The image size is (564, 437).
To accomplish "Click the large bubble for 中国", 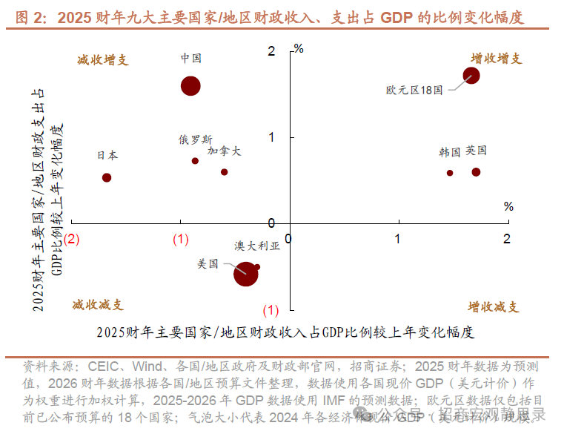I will pos(191,86).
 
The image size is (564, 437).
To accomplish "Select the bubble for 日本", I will pos(107,178).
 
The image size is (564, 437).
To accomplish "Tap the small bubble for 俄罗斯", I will pos(195,161).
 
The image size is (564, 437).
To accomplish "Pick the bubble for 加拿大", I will pos(224,172).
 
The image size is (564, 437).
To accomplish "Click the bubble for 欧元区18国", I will pos(471,76).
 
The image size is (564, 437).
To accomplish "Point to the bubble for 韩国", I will pos(450,173).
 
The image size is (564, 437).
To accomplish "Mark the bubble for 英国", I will pos(476,172).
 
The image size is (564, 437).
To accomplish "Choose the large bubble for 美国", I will pos(245,274).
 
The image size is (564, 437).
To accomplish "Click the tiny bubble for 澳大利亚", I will pos(257,266).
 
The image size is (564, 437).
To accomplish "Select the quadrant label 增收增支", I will pos(497,59).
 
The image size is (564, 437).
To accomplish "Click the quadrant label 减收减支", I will pos(98,305).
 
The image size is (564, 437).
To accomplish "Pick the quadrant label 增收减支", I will pos(494,307).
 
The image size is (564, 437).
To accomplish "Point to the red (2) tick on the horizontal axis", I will pos(72,239).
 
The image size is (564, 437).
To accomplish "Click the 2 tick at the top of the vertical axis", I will pos(271,51).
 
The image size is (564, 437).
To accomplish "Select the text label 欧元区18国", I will pos(414,90).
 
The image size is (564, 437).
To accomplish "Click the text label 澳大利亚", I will pos(257,246).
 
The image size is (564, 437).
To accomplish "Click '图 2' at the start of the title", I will pos(31,17).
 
